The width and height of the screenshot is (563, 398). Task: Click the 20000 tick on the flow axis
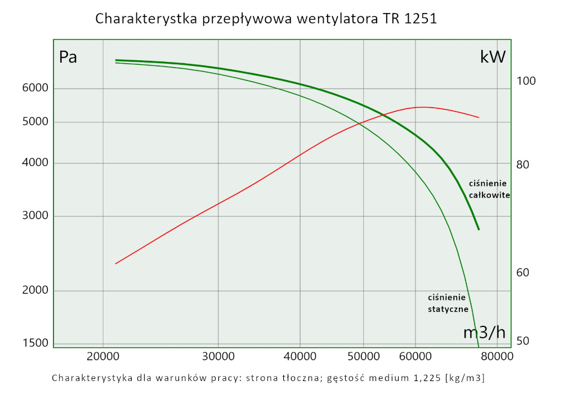(102, 356)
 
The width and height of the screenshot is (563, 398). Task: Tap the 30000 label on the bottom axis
(218, 356)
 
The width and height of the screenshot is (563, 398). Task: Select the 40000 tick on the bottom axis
(300, 356)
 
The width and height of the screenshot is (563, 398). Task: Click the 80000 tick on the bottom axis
(497, 356)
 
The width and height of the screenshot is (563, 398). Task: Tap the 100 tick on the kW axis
(526, 81)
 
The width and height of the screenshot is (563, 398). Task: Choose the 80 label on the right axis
(523, 165)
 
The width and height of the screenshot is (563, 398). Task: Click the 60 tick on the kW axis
(523, 273)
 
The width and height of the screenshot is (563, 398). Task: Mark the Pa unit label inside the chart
(68, 58)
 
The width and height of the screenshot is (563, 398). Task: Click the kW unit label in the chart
(493, 57)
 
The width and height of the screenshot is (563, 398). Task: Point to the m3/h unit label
(484, 333)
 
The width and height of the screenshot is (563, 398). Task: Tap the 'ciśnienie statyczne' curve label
(448, 303)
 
